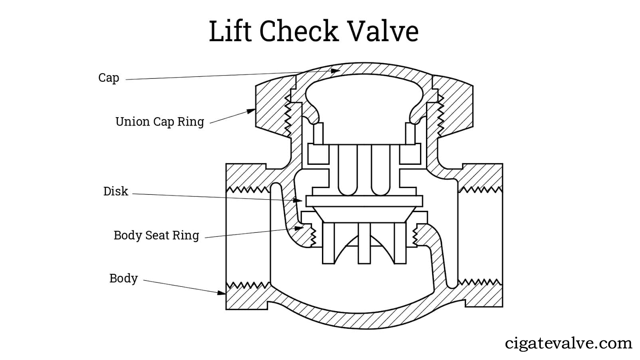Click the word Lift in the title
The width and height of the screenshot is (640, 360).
click(x=230, y=31)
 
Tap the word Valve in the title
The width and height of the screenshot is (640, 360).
click(x=383, y=31)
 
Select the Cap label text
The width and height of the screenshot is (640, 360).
click(x=108, y=78)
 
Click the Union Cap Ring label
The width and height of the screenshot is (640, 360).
click(x=160, y=122)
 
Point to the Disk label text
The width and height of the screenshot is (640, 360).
click(x=116, y=191)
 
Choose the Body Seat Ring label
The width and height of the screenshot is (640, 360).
click(x=156, y=235)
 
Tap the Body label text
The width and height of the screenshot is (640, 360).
click(x=123, y=278)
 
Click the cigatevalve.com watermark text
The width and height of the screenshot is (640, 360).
click(x=568, y=343)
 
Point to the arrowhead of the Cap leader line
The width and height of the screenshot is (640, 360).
click(x=336, y=71)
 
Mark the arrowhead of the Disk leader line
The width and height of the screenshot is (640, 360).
click(x=298, y=200)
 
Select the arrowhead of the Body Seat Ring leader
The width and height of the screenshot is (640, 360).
click(x=300, y=228)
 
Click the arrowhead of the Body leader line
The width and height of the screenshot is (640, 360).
click(x=222, y=293)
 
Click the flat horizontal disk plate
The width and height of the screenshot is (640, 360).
click(x=364, y=201)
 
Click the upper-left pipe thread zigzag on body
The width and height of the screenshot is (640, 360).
click(x=248, y=189)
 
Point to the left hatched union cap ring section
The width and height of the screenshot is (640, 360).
click(x=272, y=108)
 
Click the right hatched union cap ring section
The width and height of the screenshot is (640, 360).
click(x=456, y=108)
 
